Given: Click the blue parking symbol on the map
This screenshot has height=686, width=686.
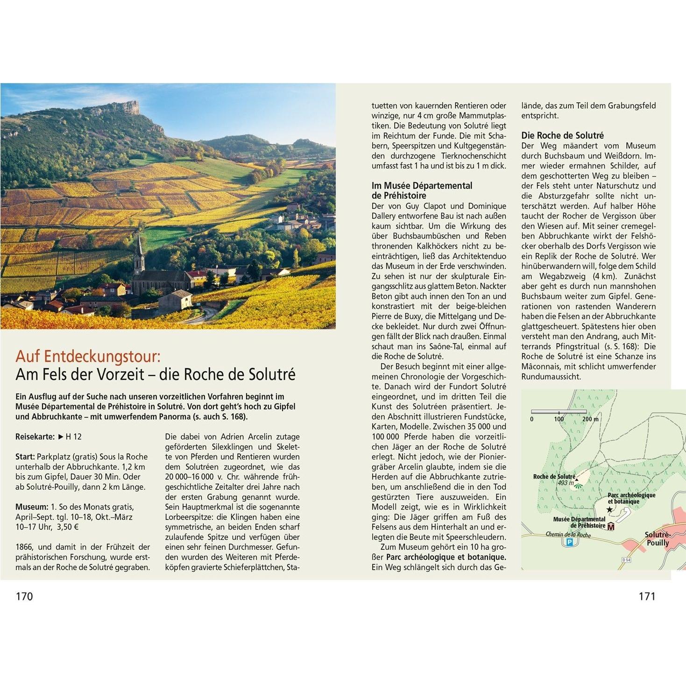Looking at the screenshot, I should (569, 542).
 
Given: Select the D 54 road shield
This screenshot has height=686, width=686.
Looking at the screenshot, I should (626, 559).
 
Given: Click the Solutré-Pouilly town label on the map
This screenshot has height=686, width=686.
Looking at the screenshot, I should (658, 539).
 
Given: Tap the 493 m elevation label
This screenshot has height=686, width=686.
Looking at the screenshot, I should (566, 483).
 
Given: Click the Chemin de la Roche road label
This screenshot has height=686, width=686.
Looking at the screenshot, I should (568, 535).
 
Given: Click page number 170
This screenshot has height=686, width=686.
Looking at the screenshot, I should (24, 596).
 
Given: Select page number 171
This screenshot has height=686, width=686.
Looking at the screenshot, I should (647, 596).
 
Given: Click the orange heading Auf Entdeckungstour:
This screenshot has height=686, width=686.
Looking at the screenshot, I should (88, 356).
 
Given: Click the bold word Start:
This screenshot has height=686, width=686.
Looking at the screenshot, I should (25, 457).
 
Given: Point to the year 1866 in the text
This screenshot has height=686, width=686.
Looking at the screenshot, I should (24, 547).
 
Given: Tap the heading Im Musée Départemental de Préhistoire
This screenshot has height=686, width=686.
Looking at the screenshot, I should (422, 191).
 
